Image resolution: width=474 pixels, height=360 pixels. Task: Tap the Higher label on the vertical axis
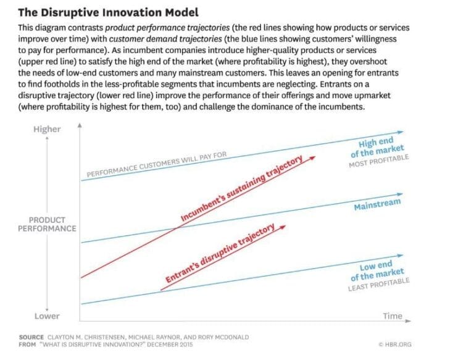(x=47, y=129)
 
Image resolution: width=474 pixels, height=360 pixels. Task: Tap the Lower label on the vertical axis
(x=47, y=316)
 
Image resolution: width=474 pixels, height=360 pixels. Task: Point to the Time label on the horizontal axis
(x=392, y=316)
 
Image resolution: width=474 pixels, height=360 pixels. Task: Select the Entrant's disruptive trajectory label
(x=220, y=254)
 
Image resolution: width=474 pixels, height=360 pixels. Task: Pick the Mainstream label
(x=377, y=204)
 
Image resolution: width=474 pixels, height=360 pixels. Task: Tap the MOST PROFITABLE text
(x=378, y=162)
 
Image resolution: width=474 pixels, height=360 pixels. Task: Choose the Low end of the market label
(x=378, y=270)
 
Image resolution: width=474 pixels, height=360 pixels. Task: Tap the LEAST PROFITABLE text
(x=378, y=284)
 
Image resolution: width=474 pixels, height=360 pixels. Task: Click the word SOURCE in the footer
(x=31, y=337)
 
